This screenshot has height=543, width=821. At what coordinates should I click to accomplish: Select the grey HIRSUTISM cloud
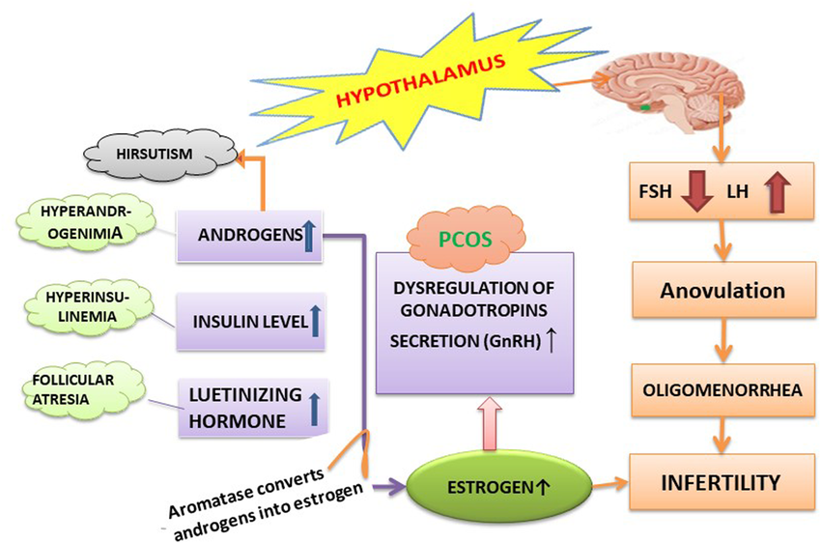[x=156, y=155]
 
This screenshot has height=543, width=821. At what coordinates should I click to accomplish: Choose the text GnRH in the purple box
[x=516, y=340]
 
